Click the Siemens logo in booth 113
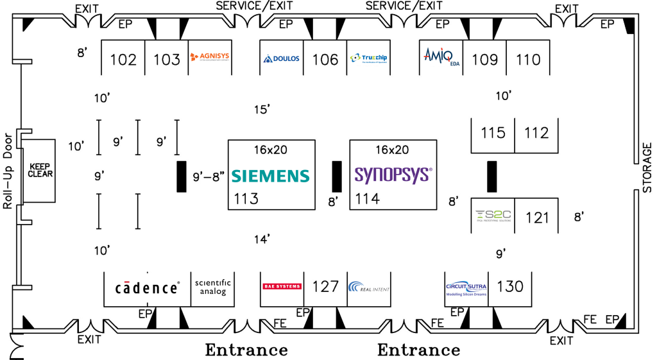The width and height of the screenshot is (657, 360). click(x=270, y=175)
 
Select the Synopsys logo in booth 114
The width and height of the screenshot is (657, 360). click(x=393, y=175)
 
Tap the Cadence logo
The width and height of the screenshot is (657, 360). click(x=147, y=287)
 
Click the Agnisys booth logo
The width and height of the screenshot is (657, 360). click(x=210, y=58)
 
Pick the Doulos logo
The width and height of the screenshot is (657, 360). click(x=281, y=58)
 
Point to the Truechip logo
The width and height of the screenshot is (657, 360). click(x=369, y=58)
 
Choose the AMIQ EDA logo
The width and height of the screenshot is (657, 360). click(x=439, y=56)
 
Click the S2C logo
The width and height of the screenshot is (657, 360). click(x=492, y=217)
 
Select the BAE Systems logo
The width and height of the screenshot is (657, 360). click(x=282, y=286)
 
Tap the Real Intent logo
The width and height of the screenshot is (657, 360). click(x=369, y=287)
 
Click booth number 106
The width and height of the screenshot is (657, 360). click(x=325, y=60)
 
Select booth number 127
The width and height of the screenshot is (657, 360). click(x=325, y=286)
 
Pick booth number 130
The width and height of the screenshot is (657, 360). click(x=510, y=286)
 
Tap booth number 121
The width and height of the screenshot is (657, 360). click(x=537, y=218)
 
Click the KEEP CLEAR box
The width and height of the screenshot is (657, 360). click(x=40, y=169)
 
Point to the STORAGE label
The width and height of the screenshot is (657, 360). click(x=647, y=167)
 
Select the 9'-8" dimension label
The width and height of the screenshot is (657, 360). click(x=209, y=175)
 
